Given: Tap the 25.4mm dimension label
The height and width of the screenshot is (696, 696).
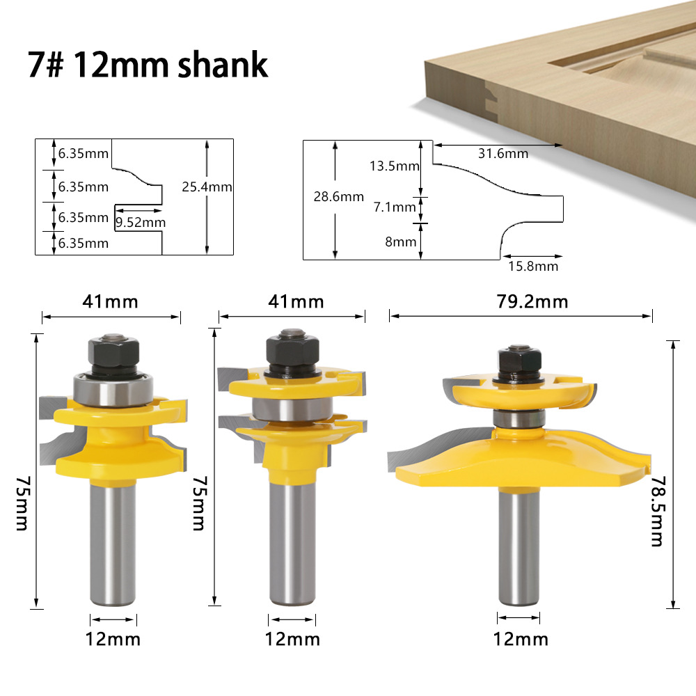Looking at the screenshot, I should (x=207, y=187).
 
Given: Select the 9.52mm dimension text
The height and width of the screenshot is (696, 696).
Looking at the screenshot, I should (x=140, y=223).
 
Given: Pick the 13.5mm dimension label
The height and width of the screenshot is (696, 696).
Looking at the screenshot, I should (x=395, y=166).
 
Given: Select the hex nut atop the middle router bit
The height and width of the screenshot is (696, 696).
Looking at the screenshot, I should (x=292, y=350).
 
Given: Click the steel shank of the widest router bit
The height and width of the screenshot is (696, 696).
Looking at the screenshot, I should (x=519, y=543).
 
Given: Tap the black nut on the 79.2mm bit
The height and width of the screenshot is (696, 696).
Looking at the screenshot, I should (x=520, y=361).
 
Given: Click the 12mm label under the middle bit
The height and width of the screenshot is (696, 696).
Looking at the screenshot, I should (x=293, y=638).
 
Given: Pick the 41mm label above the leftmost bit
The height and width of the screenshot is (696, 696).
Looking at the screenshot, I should (x=111, y=301).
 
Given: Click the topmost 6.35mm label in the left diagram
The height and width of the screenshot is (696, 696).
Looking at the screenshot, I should (x=83, y=153).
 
